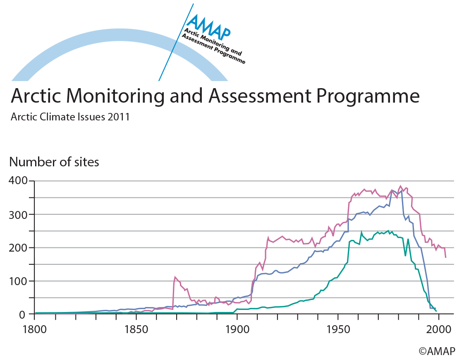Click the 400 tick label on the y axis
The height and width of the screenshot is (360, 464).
click(x=18, y=181)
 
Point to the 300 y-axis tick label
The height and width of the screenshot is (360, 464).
click(x=18, y=214)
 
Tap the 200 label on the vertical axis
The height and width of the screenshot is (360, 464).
click(x=18, y=247)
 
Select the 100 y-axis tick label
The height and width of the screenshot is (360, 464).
click(x=18, y=281)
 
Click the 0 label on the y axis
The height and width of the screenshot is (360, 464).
click(x=24, y=314)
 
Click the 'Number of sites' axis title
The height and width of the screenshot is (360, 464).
click(x=54, y=162)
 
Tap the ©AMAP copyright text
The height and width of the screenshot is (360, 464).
click(x=437, y=351)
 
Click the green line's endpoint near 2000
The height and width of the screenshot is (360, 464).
click(x=436, y=311)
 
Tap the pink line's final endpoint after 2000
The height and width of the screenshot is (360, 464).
click(x=445, y=257)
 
